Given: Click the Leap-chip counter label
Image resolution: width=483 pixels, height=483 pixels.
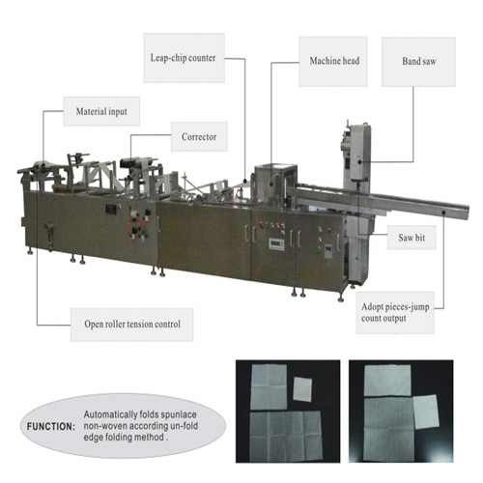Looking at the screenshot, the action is pyautogui.click(x=184, y=58).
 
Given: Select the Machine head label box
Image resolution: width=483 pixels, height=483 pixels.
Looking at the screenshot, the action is pyautogui.click(x=333, y=61).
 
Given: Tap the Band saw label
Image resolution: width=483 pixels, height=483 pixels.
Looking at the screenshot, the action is pyautogui.click(x=418, y=62).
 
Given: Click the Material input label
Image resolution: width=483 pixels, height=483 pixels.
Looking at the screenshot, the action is pyautogui.click(x=101, y=111).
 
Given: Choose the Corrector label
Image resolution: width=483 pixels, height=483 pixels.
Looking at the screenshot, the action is pyautogui.click(x=199, y=137).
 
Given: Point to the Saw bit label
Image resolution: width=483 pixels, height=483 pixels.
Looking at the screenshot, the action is pyautogui.click(x=412, y=238).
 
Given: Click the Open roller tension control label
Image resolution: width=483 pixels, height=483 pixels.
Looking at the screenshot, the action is pyautogui.click(x=132, y=325).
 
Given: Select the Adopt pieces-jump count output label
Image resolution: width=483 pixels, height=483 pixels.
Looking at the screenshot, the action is pyautogui.click(x=395, y=313).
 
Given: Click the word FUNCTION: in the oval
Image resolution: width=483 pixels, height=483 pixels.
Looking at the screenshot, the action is pyautogui.click(x=51, y=427).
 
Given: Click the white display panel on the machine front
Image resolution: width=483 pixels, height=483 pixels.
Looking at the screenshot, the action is pyautogui.click(x=277, y=243).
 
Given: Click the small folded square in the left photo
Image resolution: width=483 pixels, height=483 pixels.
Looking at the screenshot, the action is pyautogui.click(x=302, y=389).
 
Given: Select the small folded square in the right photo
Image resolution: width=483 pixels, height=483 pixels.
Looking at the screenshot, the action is pyautogui.click(x=426, y=412).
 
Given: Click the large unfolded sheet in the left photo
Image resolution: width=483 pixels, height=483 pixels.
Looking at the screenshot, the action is pyautogui.click(x=286, y=436).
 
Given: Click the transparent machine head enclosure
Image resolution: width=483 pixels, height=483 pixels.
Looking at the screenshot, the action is pyautogui.click(x=275, y=181).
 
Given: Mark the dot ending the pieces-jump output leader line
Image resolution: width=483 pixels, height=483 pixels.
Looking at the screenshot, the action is pyautogui.click(x=443, y=212).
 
